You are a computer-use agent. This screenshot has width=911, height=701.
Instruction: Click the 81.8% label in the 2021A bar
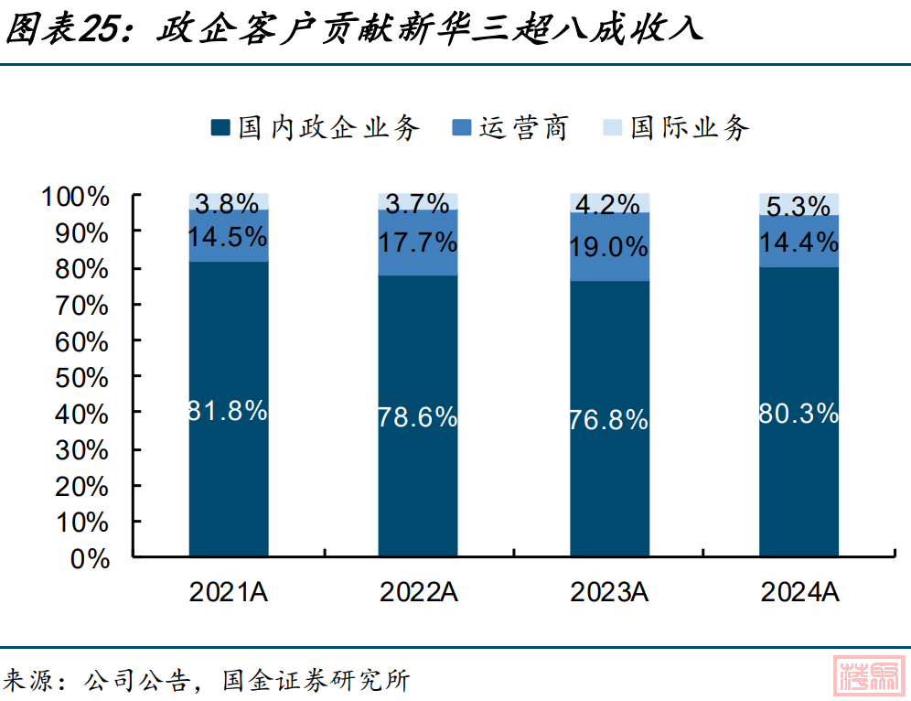click(228, 411)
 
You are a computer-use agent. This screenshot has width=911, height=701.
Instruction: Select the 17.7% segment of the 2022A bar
click(418, 243)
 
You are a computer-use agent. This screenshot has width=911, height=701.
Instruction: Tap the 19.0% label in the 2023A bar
click(608, 246)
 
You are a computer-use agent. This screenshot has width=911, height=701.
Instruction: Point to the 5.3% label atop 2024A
click(798, 207)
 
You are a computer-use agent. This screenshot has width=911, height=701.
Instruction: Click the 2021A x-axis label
click(228, 592)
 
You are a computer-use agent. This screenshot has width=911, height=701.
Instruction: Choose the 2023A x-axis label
click(609, 592)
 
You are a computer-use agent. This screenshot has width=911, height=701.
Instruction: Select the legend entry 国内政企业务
click(316, 128)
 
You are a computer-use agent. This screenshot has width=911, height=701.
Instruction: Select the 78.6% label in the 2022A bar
click(418, 417)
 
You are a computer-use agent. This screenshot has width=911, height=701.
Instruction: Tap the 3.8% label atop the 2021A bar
click(228, 203)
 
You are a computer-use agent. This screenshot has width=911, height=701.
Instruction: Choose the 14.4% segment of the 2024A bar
click(798, 242)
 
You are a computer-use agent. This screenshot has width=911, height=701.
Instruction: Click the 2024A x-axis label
click(799, 592)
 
